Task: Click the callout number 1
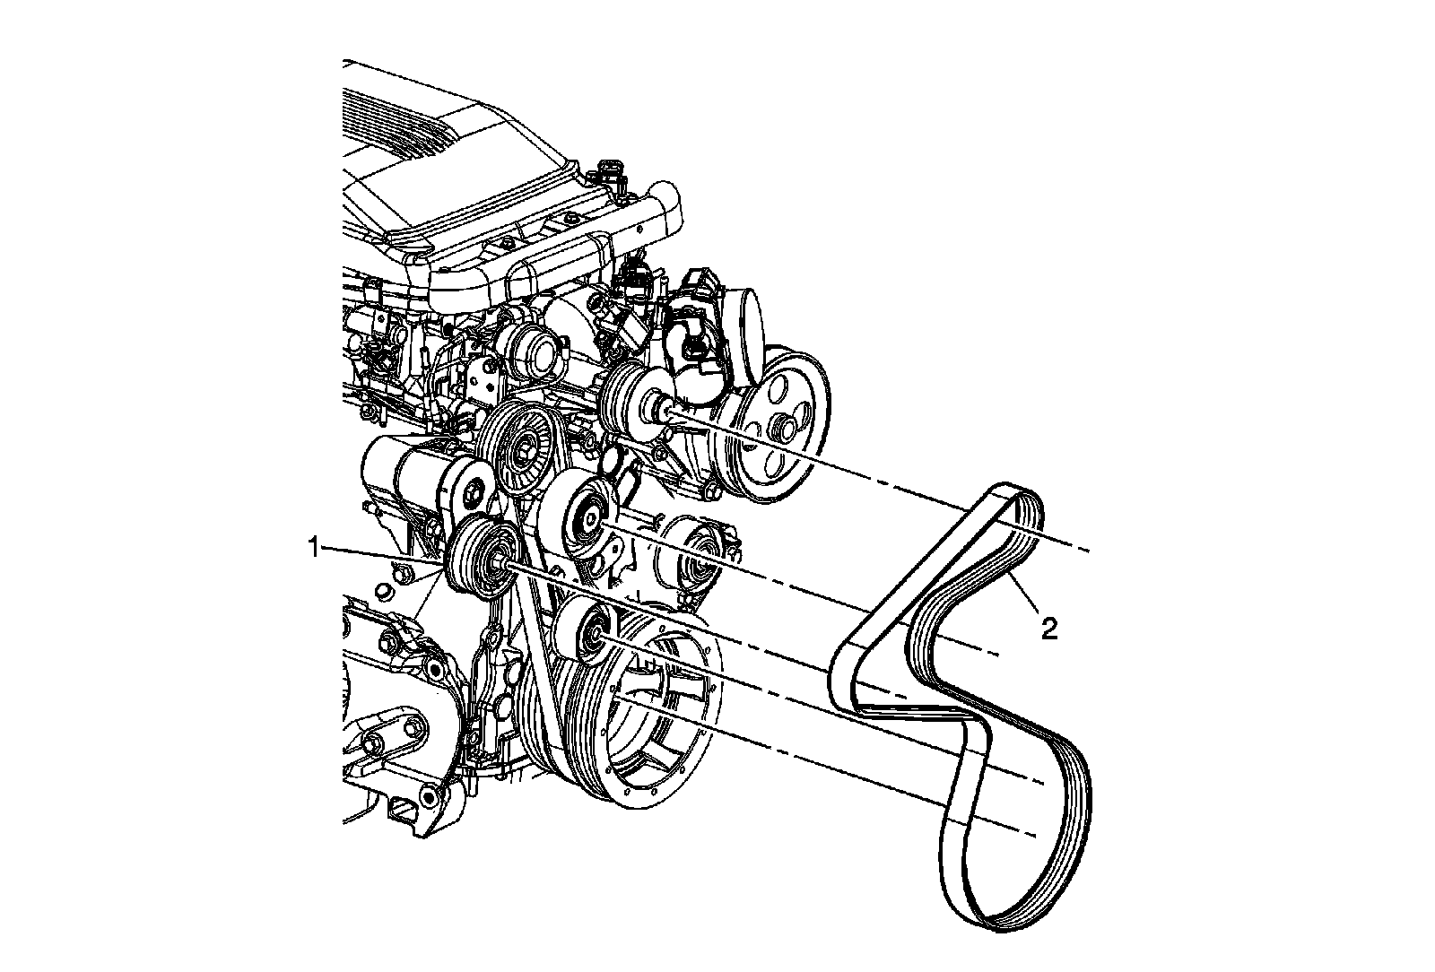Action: (x=314, y=548)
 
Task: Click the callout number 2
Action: (x=1048, y=629)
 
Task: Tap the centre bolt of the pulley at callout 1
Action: (x=497, y=563)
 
